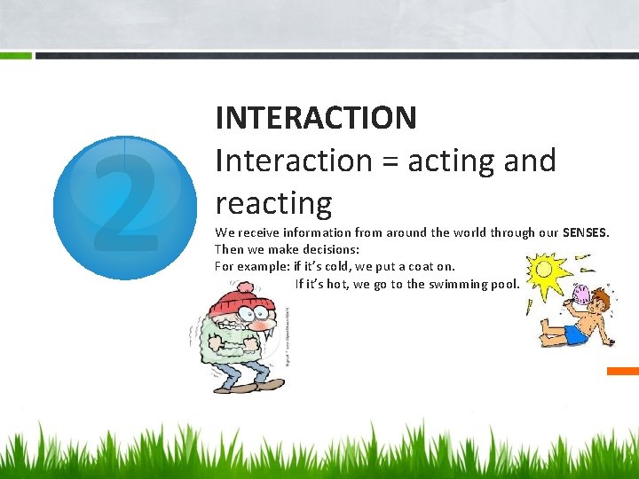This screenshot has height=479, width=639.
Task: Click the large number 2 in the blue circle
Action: click(125, 208)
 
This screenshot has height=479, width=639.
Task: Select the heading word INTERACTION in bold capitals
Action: click(315, 117)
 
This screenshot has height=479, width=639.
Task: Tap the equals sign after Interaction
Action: click(387, 161)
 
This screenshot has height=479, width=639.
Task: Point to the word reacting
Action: click(272, 203)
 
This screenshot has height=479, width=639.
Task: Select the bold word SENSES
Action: click(586, 232)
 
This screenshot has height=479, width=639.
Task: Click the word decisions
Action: click(331, 249)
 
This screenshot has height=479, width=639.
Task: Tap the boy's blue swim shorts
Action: click(577, 334)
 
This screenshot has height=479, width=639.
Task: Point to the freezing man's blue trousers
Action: click(233, 374)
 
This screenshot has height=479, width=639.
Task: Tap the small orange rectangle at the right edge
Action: click(623, 370)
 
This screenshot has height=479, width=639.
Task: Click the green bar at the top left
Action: click(16, 55)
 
